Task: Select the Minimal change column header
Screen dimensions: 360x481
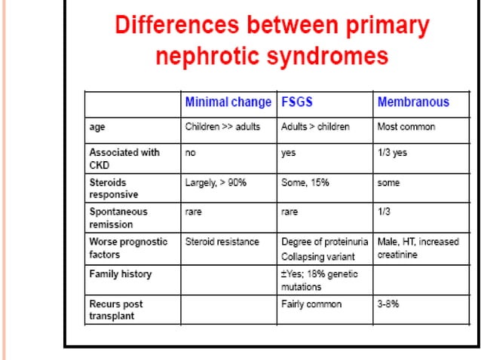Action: [x=228, y=102]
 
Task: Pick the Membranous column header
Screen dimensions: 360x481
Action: [x=412, y=102]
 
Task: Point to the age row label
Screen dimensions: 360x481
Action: [x=97, y=127]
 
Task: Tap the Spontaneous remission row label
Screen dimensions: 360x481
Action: [x=118, y=218]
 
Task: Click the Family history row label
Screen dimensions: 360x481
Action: [x=121, y=274]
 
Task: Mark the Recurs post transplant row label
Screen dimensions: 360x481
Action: [x=116, y=310]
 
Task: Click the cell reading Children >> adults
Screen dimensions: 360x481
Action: [x=222, y=127]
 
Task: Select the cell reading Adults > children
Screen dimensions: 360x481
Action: [x=315, y=127]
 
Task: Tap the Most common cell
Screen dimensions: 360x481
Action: [x=406, y=127]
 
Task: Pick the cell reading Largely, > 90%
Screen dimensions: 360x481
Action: [x=216, y=182]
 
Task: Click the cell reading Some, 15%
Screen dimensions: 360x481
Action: [x=306, y=182]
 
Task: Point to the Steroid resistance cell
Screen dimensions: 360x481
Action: [x=222, y=242]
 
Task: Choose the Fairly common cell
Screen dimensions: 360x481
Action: [x=311, y=304]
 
